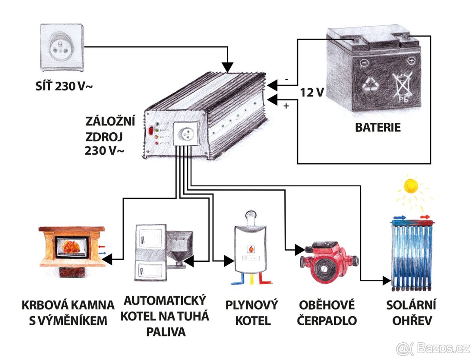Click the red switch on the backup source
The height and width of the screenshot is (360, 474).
[x=150, y=131]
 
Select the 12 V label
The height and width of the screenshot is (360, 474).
[x=312, y=93]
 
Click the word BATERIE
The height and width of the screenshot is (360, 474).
[x=378, y=127]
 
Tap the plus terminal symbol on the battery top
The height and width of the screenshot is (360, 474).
[x=411, y=61]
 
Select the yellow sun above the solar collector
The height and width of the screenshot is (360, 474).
[x=411, y=186]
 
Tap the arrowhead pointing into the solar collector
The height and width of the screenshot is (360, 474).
[x=386, y=281]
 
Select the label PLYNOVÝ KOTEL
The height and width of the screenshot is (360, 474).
[x=252, y=312]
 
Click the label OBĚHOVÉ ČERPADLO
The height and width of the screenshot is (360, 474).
[x=327, y=312]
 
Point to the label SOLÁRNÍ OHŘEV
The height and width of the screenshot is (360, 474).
[x=411, y=312]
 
